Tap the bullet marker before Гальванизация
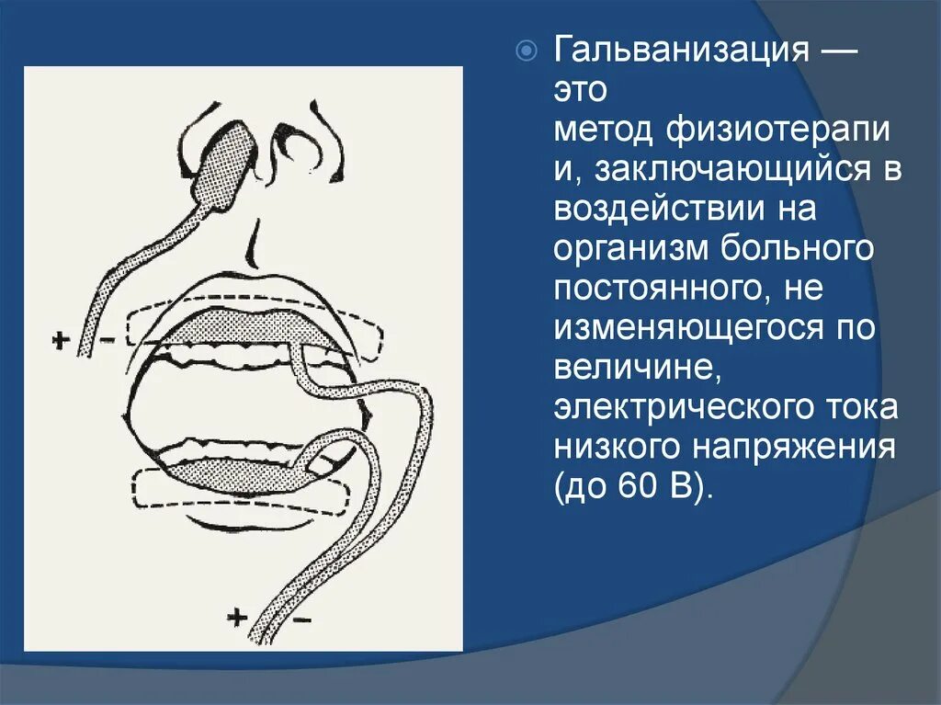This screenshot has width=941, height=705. (x=526, y=51)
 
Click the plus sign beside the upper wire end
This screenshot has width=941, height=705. (x=61, y=340)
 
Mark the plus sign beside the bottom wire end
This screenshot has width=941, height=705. (x=237, y=617)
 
